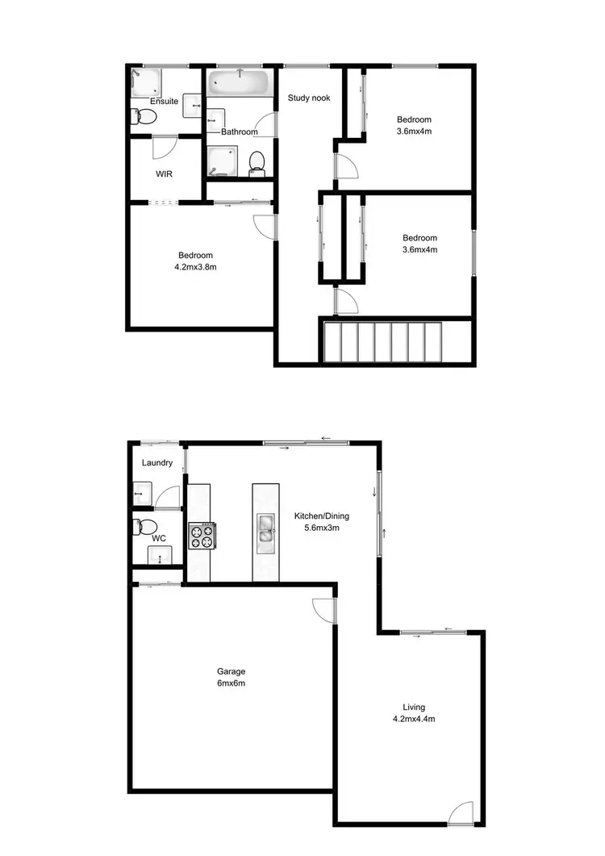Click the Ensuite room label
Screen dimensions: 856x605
pos(164,102)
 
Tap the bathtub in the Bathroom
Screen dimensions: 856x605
pos(240,82)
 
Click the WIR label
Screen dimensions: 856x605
pos(165,173)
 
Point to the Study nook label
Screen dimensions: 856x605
pos(309,98)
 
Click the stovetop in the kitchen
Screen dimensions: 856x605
pos(202,535)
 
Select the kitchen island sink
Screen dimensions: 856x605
pos(266,533)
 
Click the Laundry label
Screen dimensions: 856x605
pos(157,462)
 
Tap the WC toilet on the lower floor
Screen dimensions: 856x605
pos(142,526)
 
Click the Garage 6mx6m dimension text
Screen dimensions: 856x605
pos(231,683)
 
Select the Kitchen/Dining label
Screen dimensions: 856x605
pos(321,516)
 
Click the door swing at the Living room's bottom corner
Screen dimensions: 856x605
pos(461,812)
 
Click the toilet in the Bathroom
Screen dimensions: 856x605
pos(257,161)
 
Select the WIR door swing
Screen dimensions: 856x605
pos(164,147)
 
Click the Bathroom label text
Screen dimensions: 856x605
pos(240,132)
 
